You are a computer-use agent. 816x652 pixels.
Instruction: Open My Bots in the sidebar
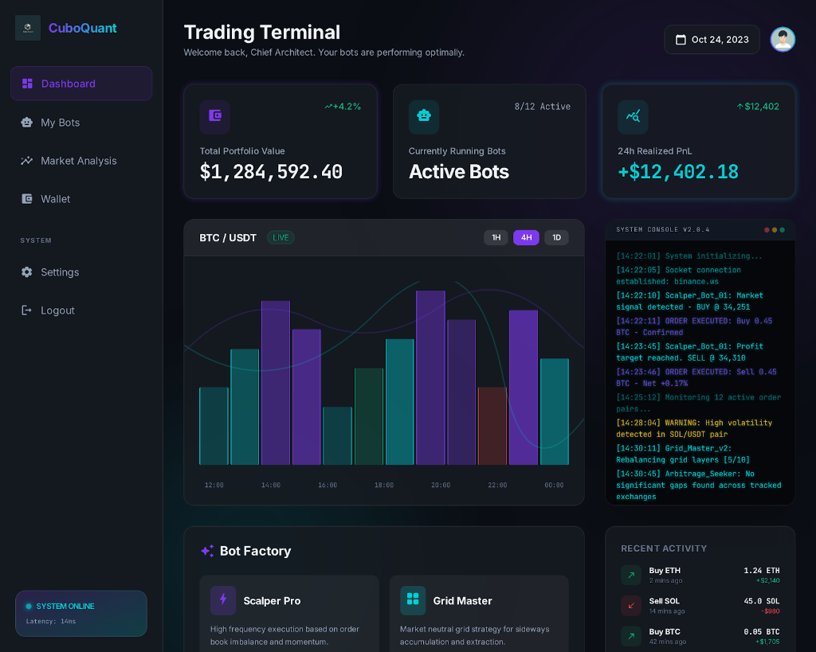(60, 123)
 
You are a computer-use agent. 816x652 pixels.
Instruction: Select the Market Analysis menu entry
(78, 161)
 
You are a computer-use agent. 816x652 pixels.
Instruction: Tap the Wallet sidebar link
(55, 199)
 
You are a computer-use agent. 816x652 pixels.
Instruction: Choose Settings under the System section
(60, 272)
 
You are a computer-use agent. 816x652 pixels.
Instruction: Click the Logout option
(57, 310)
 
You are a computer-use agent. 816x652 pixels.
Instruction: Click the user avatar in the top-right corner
(782, 39)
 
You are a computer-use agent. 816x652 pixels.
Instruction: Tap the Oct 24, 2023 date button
(712, 39)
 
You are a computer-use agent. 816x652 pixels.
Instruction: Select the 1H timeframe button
(496, 237)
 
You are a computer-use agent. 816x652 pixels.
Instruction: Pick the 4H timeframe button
(526, 237)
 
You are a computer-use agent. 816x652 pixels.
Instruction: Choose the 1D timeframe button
(556, 237)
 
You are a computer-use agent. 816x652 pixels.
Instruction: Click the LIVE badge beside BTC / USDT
(280, 237)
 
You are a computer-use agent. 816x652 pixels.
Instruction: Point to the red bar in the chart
(492, 425)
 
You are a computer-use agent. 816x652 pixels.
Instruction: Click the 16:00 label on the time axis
(328, 485)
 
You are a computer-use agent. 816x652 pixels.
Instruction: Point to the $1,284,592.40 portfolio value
(271, 172)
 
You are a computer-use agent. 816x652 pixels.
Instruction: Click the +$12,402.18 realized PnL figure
(678, 172)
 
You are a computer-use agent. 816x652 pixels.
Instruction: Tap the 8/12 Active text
(542, 107)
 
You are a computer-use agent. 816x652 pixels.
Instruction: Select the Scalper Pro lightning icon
(222, 600)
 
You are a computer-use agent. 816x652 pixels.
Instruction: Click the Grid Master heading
(462, 600)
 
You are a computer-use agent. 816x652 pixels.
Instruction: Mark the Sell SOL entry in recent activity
(664, 601)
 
